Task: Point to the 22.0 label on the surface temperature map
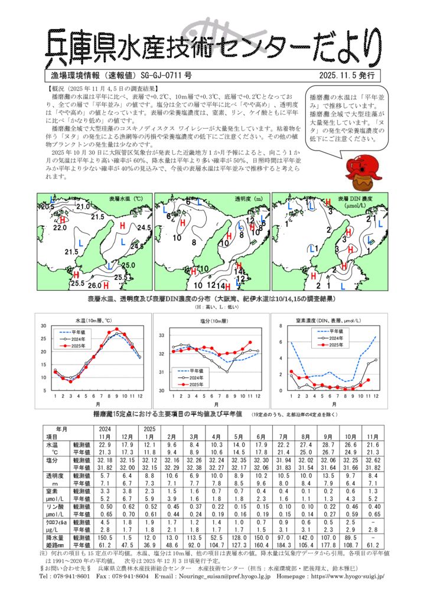(x=60, y=227)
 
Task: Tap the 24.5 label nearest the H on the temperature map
(x=144, y=227)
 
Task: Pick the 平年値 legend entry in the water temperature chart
(x=76, y=332)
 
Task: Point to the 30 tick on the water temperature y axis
(x=44, y=326)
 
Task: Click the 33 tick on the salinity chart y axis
(x=161, y=336)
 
